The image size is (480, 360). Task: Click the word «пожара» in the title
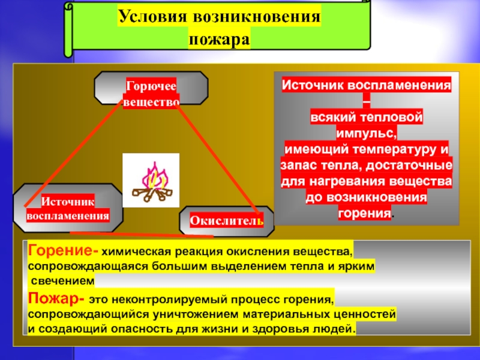coord(219,40)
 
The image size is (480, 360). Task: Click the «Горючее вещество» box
coord(151,95)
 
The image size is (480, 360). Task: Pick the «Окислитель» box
coord(226,221)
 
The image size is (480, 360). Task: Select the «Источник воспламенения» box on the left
coord(67,208)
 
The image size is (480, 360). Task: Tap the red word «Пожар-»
coord(55,298)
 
